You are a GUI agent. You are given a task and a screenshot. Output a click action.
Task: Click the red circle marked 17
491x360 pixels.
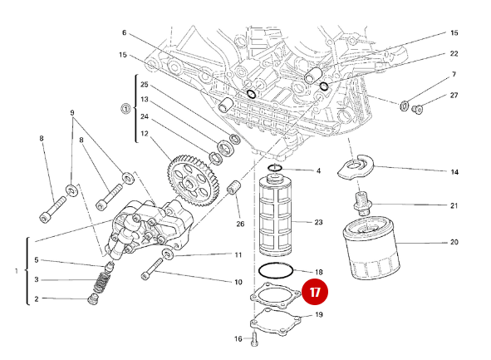[316, 293]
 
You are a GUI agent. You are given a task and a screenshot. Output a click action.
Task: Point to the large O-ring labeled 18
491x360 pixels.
[276, 270]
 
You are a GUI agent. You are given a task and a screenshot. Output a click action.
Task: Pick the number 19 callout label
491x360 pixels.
[319, 315]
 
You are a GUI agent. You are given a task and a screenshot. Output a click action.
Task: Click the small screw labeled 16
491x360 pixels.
[254, 338]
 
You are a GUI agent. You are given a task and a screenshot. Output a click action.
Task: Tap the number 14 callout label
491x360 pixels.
[454, 172]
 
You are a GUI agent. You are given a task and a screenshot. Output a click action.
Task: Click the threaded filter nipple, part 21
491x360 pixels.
[362, 201]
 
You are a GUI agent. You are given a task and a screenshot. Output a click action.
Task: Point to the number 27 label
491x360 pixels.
[454, 96]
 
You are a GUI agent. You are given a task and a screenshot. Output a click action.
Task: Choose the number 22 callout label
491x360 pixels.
[454, 53]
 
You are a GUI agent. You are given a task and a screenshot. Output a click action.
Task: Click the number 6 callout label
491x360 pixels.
[125, 33]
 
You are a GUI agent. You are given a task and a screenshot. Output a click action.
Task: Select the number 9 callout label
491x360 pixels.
[72, 112]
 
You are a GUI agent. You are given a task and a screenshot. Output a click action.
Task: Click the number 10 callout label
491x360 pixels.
[238, 283]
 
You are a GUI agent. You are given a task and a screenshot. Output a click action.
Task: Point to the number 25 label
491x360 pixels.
[144, 85]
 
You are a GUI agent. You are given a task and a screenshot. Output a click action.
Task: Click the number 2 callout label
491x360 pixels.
[36, 298]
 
